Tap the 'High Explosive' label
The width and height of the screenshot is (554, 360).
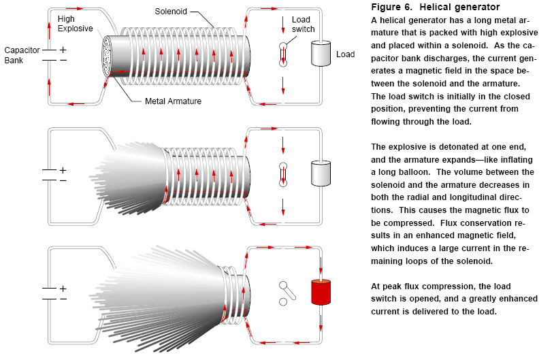[76, 24]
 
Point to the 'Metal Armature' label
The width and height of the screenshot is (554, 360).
[173, 101]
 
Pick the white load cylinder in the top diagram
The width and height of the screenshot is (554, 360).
[320, 53]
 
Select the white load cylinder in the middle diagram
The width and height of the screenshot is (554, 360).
[320, 173]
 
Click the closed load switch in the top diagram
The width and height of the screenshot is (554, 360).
[283, 54]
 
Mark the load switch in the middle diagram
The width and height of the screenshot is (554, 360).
[283, 174]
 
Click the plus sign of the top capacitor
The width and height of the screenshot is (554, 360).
[63, 50]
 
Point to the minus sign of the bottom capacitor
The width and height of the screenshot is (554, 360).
[63, 298]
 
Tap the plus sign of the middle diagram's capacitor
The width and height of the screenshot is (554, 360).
[63, 170]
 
